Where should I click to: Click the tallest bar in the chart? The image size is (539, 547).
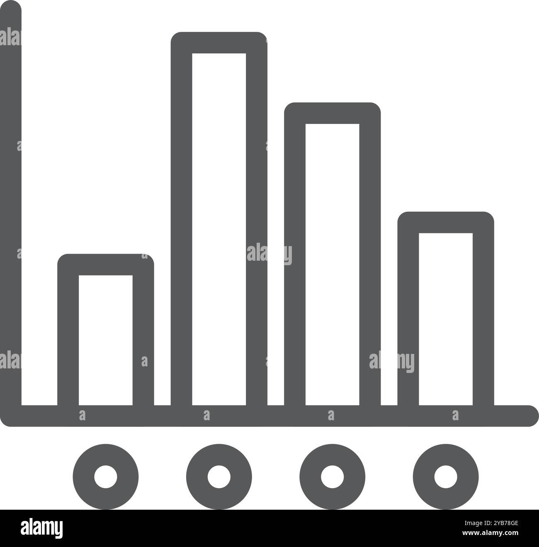tap(219, 224)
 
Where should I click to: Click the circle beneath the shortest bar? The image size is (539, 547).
tap(106, 477)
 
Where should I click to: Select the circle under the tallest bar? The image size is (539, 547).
tap(219, 477)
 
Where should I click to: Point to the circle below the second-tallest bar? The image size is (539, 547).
tap(332, 477)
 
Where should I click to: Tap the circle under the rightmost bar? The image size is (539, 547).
tap(446, 477)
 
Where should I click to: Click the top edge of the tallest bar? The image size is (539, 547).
tap(219, 43)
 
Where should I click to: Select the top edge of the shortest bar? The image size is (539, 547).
tap(106, 264)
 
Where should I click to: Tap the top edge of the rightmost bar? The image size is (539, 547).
tap(446, 222)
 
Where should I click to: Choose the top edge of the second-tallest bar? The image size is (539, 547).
tap(332, 113)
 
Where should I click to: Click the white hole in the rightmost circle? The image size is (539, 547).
tap(446, 477)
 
